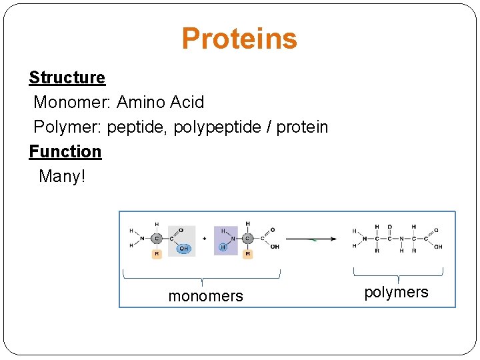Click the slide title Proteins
click(239, 39)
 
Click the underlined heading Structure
click(67, 77)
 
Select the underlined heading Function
click(65, 151)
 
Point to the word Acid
click(187, 103)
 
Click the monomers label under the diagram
click(205, 296)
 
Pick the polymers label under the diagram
click(396, 292)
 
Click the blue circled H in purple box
click(223, 247)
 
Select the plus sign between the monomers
click(205, 238)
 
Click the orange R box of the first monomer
click(157, 254)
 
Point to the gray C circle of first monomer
click(157, 238)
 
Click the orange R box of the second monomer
click(247, 254)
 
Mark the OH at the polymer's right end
click(438, 247)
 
